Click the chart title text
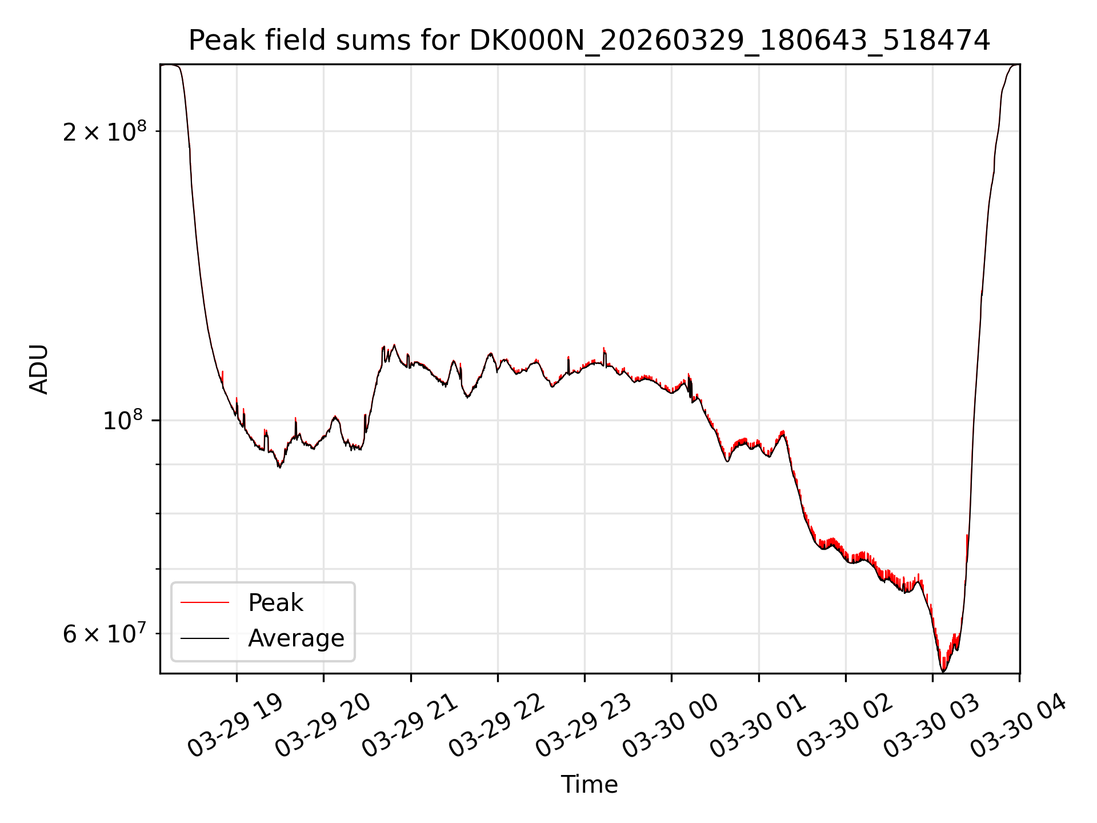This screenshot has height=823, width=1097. (589, 41)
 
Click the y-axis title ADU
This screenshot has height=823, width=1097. (39, 369)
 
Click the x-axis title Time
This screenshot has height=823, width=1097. (589, 784)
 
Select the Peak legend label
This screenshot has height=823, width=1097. (275, 603)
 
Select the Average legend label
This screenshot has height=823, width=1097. (296, 638)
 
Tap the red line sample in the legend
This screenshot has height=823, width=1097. (205, 602)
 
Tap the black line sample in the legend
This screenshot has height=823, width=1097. (205, 638)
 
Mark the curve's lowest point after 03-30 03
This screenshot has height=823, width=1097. (943, 672)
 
